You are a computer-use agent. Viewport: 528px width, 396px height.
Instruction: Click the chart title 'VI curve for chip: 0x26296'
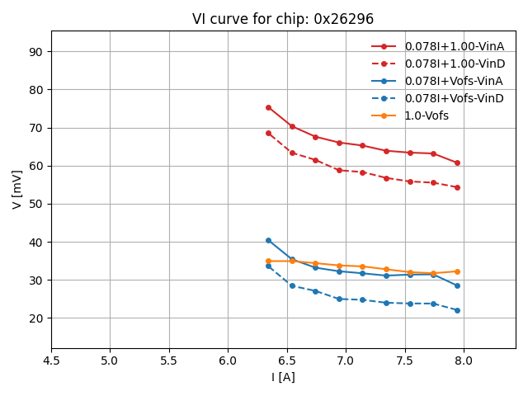(283, 19)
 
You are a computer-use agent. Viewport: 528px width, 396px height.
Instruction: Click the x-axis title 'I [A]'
(283, 377)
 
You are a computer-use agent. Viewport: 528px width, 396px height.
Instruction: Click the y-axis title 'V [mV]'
(17, 189)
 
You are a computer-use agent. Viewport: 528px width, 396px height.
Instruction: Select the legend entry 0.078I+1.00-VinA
(454, 46)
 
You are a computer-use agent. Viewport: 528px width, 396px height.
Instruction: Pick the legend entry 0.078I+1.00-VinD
(454, 64)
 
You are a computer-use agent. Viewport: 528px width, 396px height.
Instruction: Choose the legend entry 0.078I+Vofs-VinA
(454, 81)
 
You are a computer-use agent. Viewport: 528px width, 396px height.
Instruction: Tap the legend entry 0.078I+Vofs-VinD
(454, 98)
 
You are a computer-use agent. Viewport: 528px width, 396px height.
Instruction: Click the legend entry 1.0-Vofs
(427, 115)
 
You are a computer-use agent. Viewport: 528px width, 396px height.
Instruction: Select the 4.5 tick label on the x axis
(51, 361)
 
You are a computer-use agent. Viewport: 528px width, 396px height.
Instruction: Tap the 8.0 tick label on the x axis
(464, 361)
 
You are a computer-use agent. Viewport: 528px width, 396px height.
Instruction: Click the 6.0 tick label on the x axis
(228, 361)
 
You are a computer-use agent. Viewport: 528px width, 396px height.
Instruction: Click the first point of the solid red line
(268, 107)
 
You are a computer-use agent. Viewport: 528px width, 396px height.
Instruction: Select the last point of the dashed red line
(457, 187)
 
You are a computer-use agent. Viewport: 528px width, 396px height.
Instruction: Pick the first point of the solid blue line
(268, 240)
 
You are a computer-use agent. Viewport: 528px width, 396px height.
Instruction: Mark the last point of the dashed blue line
(457, 310)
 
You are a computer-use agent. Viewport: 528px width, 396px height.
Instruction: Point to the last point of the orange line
(457, 271)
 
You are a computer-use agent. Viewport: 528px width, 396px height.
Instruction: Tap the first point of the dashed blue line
(268, 266)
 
